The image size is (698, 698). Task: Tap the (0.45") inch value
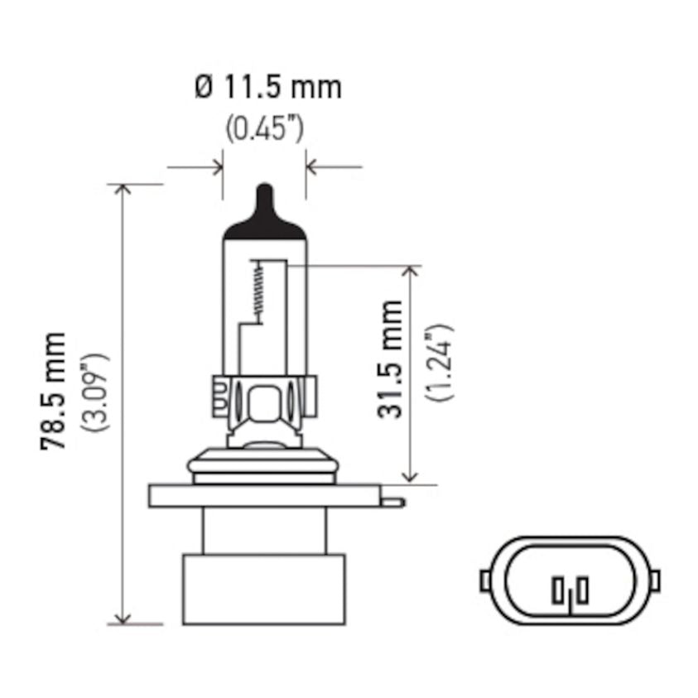coord(264,129)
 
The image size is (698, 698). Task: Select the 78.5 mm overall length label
coord(53,391)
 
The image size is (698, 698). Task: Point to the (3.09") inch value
coord(94,392)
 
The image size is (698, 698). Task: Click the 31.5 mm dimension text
coord(389,359)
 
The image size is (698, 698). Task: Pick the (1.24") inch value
coord(439,363)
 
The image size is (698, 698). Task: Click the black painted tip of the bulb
coord(265,213)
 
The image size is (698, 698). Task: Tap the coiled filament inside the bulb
coord(258,292)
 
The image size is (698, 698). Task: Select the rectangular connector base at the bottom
coord(264,589)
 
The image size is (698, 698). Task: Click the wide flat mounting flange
coord(265,496)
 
